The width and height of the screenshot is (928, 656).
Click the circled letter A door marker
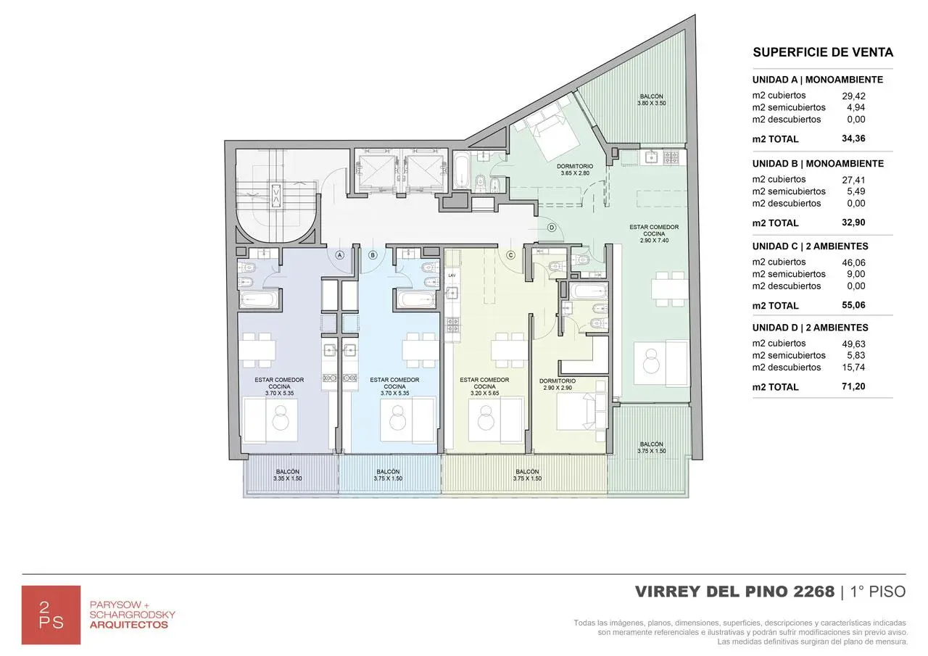click(x=339, y=255)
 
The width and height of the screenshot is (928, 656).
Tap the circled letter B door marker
click(x=373, y=255)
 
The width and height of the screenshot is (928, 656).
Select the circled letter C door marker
click(x=510, y=255)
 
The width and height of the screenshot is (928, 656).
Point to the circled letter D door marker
click(x=552, y=228)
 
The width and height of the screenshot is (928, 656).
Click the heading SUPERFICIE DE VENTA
click(x=823, y=52)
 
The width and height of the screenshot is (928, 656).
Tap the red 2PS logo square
click(x=51, y=615)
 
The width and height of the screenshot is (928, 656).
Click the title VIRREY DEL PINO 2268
click(x=734, y=591)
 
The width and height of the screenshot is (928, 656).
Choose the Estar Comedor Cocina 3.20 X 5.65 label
click(x=484, y=386)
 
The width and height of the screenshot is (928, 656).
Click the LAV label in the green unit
click(x=452, y=275)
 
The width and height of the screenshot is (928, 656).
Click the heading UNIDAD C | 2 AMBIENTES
click(x=810, y=246)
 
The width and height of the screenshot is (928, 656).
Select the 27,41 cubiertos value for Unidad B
click(x=853, y=179)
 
